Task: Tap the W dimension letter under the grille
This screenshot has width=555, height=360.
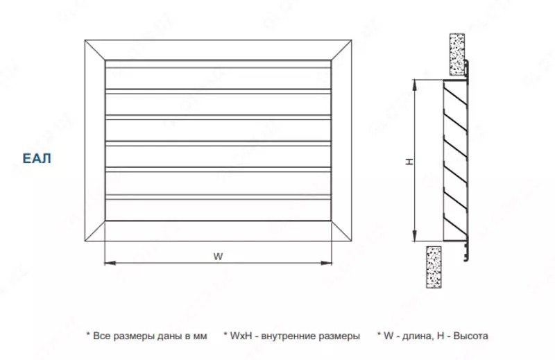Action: (218, 255)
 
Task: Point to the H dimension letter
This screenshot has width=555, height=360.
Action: (410, 162)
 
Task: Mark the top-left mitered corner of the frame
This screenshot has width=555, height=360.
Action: (94, 51)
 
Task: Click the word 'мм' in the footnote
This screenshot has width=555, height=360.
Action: (200, 336)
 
